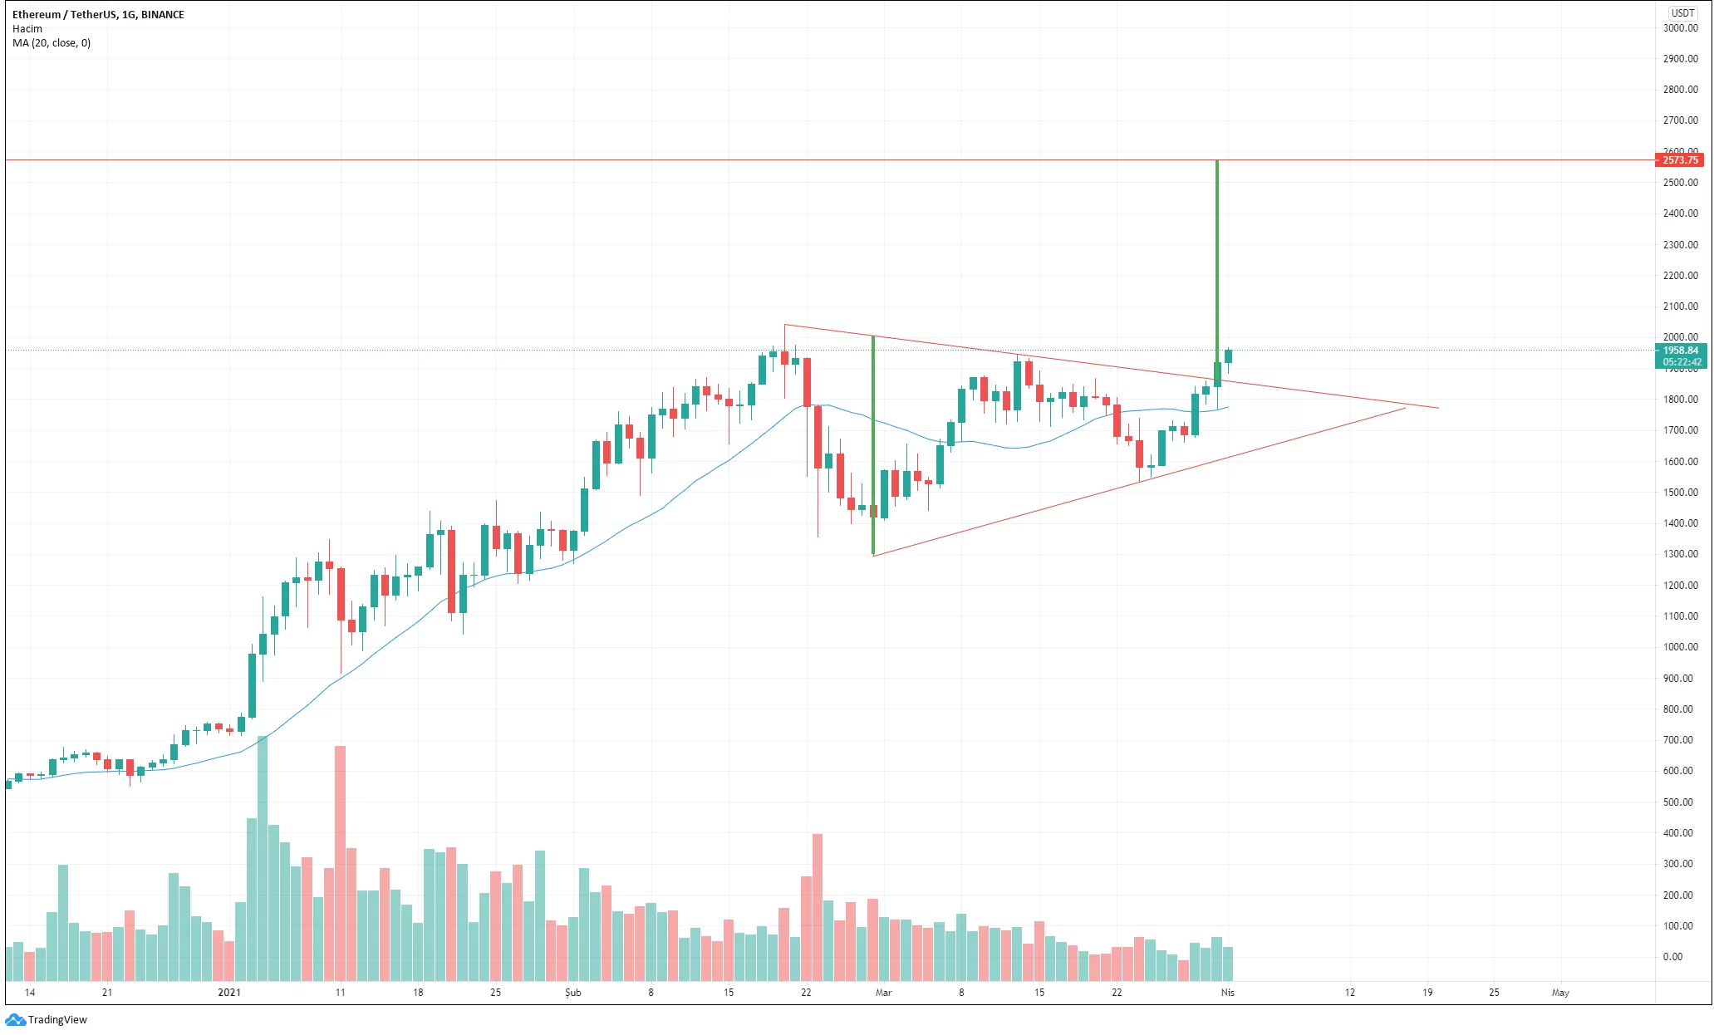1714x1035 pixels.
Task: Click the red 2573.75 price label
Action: pos(1679,159)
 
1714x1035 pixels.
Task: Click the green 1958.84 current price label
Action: pos(1680,351)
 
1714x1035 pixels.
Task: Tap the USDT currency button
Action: pos(1682,12)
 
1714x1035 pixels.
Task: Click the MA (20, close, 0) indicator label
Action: pos(52,43)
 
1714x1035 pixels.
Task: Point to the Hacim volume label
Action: pos(27,29)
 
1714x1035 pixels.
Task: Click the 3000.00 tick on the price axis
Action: pos(1680,28)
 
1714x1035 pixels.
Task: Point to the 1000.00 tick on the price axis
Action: pos(1680,647)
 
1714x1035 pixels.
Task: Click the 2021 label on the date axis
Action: pos(229,993)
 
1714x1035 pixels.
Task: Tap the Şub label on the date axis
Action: pos(572,993)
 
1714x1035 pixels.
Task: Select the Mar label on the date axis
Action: pos(883,993)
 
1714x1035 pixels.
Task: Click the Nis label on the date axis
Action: pos(1228,993)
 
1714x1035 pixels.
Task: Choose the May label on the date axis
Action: pos(1560,993)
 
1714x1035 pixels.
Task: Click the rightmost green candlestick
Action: pos(1228,356)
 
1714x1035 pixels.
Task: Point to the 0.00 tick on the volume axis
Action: pos(1672,957)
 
